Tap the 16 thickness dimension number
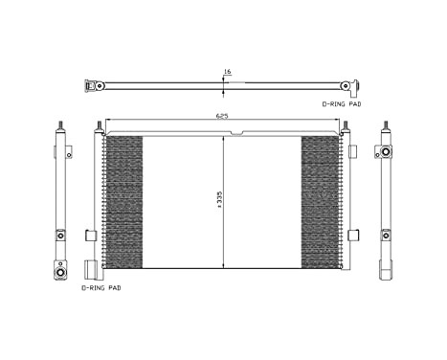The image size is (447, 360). coord(227,71)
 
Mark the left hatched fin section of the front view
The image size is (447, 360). coord(123,201)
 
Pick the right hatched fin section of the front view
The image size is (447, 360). coord(321,201)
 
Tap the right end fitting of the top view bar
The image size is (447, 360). coord(351,85)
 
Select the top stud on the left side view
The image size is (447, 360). coord(61,126)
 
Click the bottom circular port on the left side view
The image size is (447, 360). coord(61,271)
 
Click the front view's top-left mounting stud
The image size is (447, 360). coord(99,126)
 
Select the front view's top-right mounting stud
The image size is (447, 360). coord(343,126)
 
